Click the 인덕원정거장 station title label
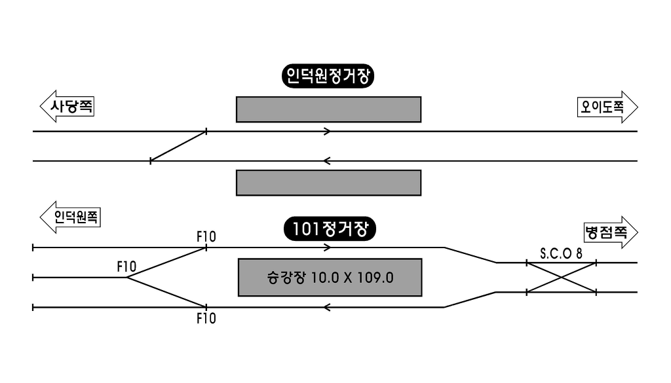pos(328,77)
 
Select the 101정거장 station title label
pos(330,228)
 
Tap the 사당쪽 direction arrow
pos(67,106)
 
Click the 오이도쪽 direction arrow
pos(607,107)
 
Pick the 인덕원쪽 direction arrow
pos(70,217)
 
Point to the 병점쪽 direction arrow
pos(611,232)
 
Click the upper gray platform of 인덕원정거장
pos(329,109)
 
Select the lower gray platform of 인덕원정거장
pos(329,183)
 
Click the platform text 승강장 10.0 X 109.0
pos(330,278)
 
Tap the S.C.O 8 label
pos(561,253)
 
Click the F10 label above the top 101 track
pos(206,236)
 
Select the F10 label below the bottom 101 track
pos(206,318)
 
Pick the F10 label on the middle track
pos(126,266)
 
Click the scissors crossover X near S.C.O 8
pos(562,278)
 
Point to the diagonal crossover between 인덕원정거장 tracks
pos(178,146)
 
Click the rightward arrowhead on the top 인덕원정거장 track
pos(328,131)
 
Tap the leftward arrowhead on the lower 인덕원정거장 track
pos(327,161)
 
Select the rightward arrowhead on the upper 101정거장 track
pos(328,247)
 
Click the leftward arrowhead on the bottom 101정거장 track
pos(327,307)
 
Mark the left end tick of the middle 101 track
pos(33,278)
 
